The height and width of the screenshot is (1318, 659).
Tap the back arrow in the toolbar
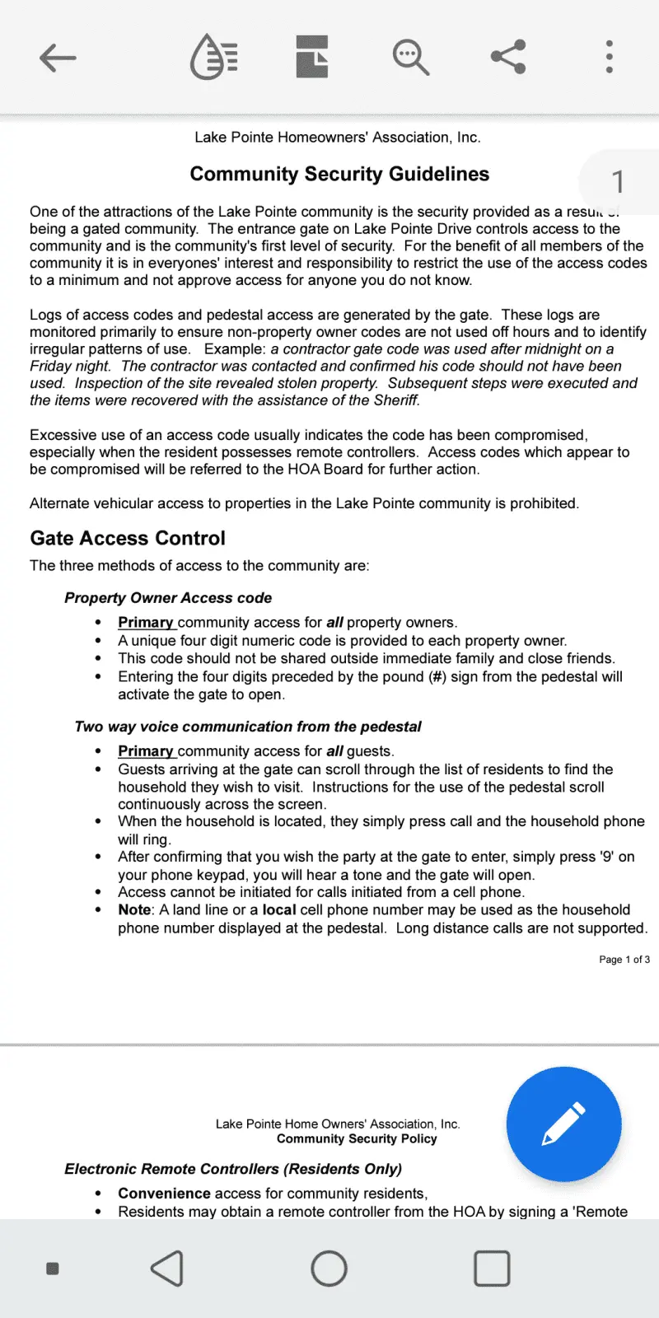point(58,58)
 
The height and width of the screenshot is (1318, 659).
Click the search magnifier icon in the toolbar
point(410,58)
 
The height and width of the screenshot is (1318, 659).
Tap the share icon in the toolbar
point(508,58)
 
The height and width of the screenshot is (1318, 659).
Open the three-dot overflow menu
point(609,58)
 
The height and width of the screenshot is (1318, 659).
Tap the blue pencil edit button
point(563,1124)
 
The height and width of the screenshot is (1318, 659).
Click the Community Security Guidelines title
point(339,174)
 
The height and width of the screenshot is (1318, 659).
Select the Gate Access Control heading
point(128,538)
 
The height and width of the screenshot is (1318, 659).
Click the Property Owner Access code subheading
point(168,598)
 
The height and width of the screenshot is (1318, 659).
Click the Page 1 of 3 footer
point(624,960)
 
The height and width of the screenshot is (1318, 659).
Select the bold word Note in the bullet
point(134,910)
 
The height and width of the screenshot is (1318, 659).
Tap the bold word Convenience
point(164,1194)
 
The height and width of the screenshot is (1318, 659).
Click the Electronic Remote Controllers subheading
point(233,1169)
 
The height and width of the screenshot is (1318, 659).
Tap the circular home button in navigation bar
point(329,1269)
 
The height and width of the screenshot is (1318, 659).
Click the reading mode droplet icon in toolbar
point(214,58)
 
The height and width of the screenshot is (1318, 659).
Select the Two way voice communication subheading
point(247,727)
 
